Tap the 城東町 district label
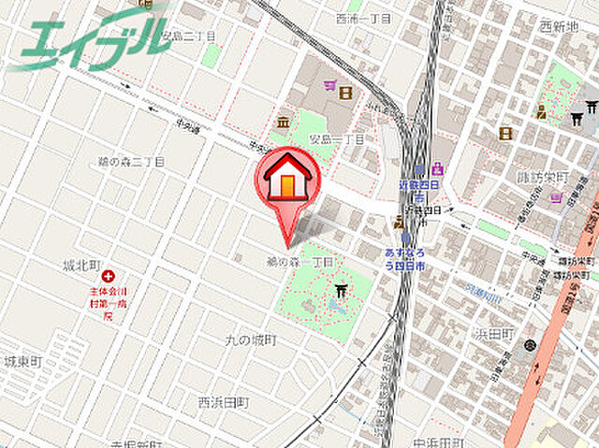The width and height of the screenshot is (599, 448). tap(22, 361)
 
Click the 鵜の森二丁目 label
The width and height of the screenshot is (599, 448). tap(132, 162)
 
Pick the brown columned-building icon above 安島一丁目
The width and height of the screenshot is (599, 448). tap(281, 122)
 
